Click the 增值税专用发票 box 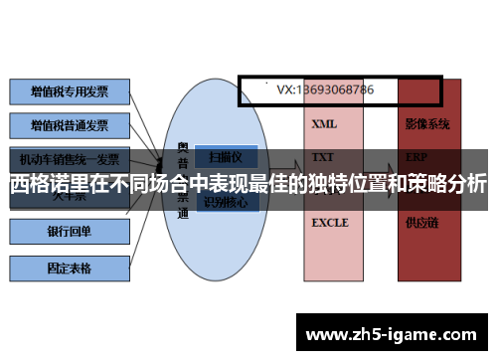coord(70,92)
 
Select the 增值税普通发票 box coord(70,126)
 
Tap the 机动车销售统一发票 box coord(70,159)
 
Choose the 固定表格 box coord(70,268)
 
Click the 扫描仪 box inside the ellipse coord(228,156)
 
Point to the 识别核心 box coord(228,203)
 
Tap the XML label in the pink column coord(324,125)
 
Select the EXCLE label coord(330,223)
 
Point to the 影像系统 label coord(427,125)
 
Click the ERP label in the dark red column coord(416,157)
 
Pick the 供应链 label coord(421,223)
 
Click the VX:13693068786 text coord(325,90)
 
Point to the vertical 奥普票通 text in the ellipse coord(184,180)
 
